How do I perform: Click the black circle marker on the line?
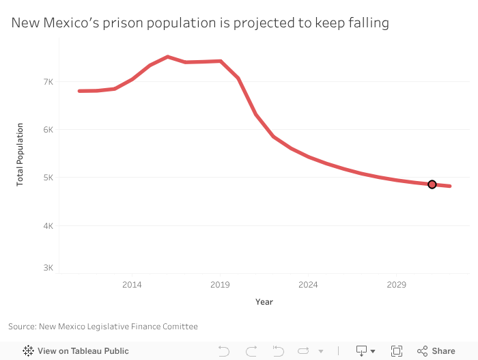point(432,184)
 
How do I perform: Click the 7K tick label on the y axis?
point(48,82)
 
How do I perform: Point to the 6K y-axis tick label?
point(48,130)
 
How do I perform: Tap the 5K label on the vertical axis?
point(48,178)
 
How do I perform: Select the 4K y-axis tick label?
point(48,226)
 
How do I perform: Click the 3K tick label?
point(48,268)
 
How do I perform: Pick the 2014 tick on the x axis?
point(132,284)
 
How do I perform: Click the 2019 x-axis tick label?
point(220,284)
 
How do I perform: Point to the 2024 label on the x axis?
point(308,284)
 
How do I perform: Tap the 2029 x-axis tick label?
point(396,284)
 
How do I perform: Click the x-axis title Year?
point(264,302)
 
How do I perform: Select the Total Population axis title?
point(20,154)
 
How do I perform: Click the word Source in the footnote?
point(22,327)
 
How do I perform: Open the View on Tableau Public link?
point(83,351)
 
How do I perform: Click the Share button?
point(443,351)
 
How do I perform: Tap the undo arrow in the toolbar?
point(224,351)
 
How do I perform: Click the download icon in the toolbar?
point(362,351)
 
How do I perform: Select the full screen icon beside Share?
point(397,351)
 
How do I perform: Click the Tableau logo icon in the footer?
point(29,351)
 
